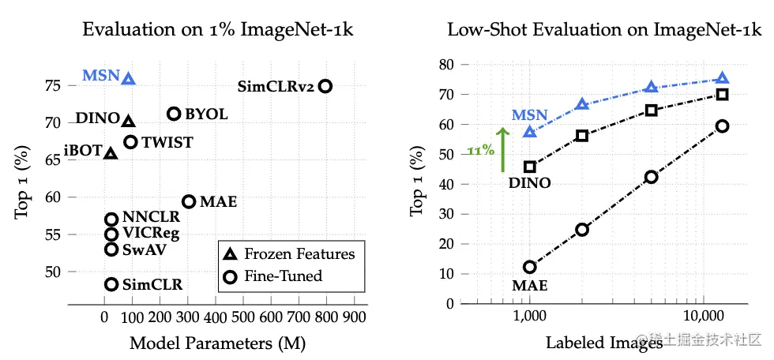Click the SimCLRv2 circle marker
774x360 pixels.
(325, 86)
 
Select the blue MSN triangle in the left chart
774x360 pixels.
(129, 78)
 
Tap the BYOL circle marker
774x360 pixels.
(174, 114)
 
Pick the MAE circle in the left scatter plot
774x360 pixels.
(189, 202)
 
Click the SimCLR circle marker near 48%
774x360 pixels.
(111, 284)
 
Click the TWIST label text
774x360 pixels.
(167, 143)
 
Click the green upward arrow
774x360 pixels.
(502, 149)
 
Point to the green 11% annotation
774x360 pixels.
(481, 150)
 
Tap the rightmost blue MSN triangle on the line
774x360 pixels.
(722, 78)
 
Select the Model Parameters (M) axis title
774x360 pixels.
(217, 343)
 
